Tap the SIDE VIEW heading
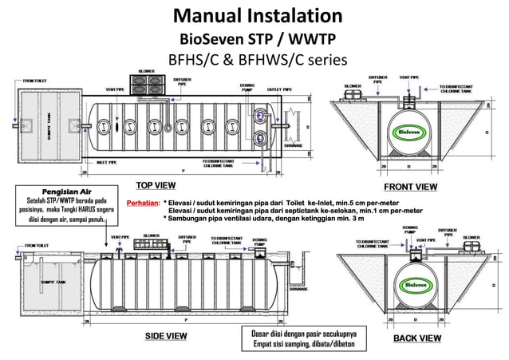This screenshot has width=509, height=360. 165,336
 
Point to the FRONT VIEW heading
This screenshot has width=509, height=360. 411,186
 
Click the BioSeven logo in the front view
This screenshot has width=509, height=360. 411,132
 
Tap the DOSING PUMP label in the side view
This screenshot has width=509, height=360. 259,242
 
